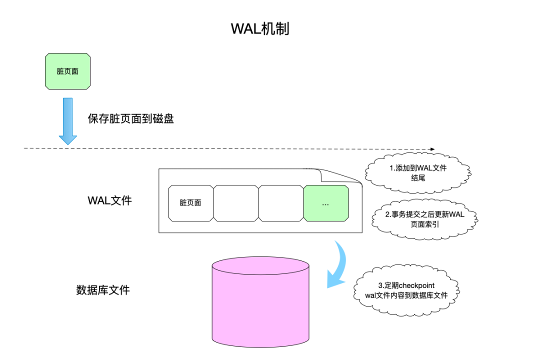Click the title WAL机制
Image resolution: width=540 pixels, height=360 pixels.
tap(260, 28)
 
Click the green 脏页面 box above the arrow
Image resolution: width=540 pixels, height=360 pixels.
tap(67, 71)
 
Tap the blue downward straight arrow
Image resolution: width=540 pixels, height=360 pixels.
tap(67, 120)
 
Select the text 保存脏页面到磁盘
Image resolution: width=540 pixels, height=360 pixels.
tap(131, 119)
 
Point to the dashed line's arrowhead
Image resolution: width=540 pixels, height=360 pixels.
tap(432, 148)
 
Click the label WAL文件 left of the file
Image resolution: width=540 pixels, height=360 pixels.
tap(109, 200)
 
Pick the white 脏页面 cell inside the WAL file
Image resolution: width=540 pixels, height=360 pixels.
tap(190, 203)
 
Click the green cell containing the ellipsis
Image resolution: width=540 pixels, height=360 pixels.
tap(325, 203)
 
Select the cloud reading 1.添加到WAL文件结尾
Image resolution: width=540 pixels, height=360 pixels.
tap(418, 172)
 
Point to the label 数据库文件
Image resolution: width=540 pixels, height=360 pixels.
tap(102, 290)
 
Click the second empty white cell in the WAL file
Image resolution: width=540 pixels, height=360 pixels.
tap(235, 203)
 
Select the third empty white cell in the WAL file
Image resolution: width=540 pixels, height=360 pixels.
tap(280, 203)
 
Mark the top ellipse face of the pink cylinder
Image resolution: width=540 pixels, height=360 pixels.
tap(260, 266)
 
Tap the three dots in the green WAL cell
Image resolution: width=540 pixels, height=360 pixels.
tap(325, 204)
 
